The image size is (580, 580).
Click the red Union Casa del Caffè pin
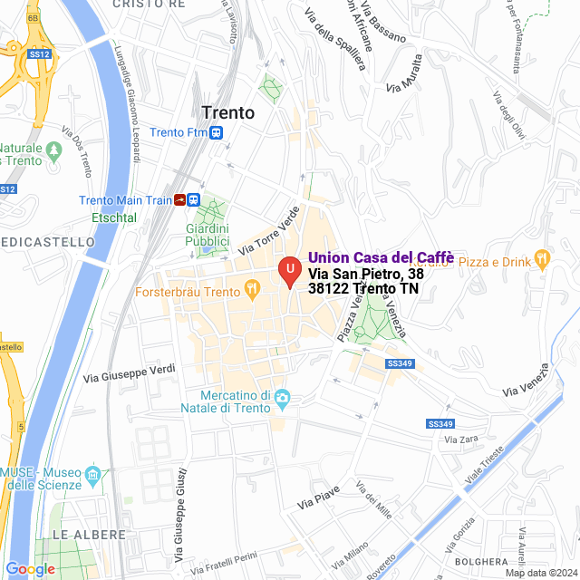point(289,271)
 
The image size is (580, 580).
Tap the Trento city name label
point(228,112)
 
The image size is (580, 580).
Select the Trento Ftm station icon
point(216,132)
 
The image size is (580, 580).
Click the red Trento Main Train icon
point(181,200)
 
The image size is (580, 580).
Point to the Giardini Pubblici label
point(208,235)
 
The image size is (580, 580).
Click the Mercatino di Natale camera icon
point(282,397)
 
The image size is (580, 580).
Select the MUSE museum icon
point(92,474)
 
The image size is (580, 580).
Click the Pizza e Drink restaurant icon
point(542,257)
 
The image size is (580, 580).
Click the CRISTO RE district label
point(143,5)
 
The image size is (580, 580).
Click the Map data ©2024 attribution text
point(541,573)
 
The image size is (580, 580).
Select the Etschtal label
point(114,217)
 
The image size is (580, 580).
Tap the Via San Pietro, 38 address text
point(366,273)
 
